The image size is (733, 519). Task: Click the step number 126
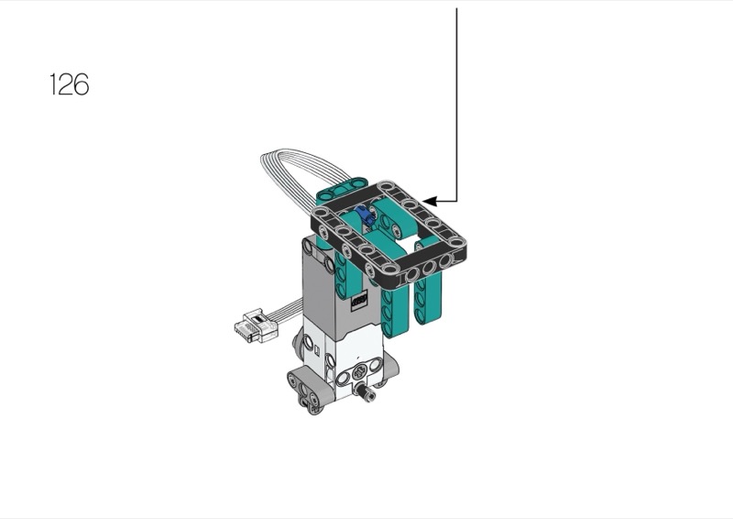70,84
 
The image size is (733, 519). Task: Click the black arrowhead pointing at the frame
429,201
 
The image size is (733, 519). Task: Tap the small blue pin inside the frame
365,215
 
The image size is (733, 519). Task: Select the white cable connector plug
255,326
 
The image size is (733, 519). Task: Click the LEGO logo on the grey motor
358,300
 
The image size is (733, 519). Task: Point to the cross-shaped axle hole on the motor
359,373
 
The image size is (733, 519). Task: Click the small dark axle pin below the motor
366,392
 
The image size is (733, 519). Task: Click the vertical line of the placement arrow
456,105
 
